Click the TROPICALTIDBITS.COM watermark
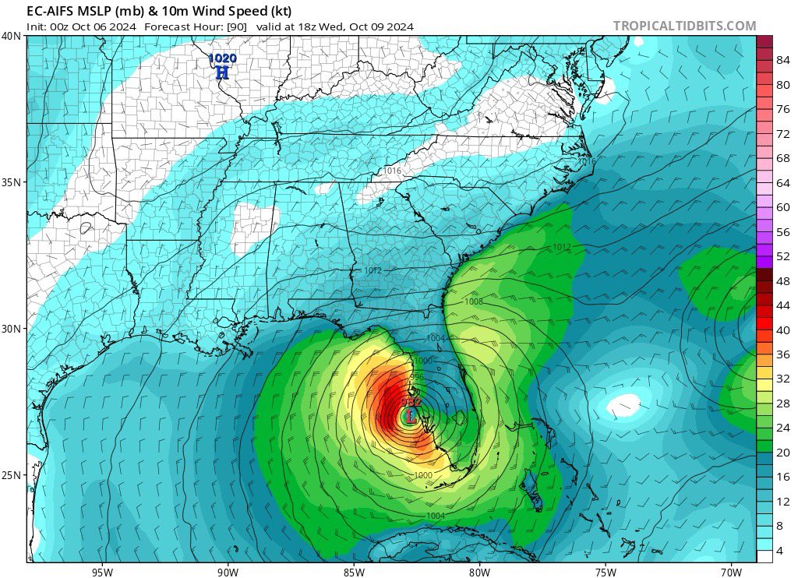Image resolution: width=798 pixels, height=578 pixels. click(684, 26)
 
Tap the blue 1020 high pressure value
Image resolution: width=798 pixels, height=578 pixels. click(222, 58)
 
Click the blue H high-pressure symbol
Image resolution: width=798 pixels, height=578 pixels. click(222, 72)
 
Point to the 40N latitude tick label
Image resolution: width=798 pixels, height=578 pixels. click(12, 36)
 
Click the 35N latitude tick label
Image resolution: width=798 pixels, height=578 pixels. click(12, 182)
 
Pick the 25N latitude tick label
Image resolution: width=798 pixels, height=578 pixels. click(12, 475)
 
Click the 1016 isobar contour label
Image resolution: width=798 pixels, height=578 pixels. click(392, 171)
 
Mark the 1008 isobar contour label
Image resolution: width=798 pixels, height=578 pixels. click(473, 301)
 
